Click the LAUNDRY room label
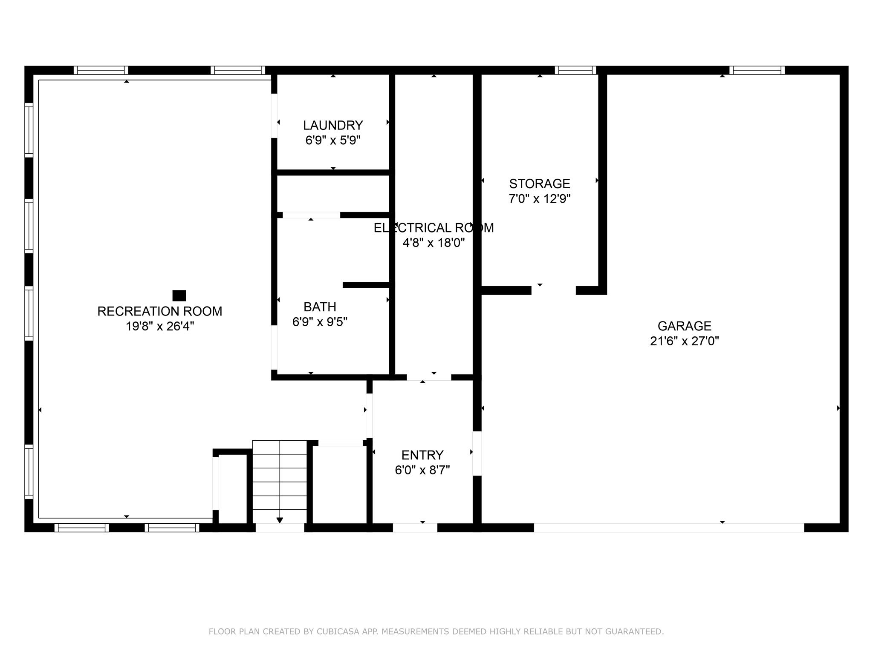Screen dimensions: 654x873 pyautogui.click(x=333, y=125)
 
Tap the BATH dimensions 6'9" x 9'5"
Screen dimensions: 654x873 pyautogui.click(x=320, y=322)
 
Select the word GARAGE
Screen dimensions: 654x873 pyautogui.click(x=684, y=326)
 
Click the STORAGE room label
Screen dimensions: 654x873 pyautogui.click(x=540, y=184)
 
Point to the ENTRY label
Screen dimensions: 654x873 pyautogui.click(x=422, y=455)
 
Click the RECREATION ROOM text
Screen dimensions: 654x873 pyautogui.click(x=160, y=311)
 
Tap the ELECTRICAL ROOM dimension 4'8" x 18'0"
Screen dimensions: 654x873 pyautogui.click(x=434, y=243)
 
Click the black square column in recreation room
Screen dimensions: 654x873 pyautogui.click(x=179, y=295)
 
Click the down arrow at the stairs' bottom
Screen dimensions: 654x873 pyautogui.click(x=280, y=520)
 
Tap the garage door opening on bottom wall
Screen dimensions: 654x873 pyautogui.click(x=669, y=528)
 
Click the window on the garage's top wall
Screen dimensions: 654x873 pyautogui.click(x=757, y=70)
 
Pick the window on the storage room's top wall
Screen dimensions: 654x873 pyautogui.click(x=575, y=70)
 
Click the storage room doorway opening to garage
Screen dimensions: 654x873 pyautogui.click(x=553, y=290)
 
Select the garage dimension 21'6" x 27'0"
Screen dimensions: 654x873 pyautogui.click(x=684, y=341)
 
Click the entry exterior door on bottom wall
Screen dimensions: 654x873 pyautogui.click(x=415, y=528)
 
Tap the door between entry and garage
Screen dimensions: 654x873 pyautogui.click(x=477, y=453)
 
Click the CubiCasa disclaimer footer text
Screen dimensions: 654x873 pyautogui.click(x=436, y=631)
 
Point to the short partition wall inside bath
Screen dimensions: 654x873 pyautogui.click(x=366, y=285)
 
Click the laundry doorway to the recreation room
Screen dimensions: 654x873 pyautogui.click(x=274, y=115)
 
